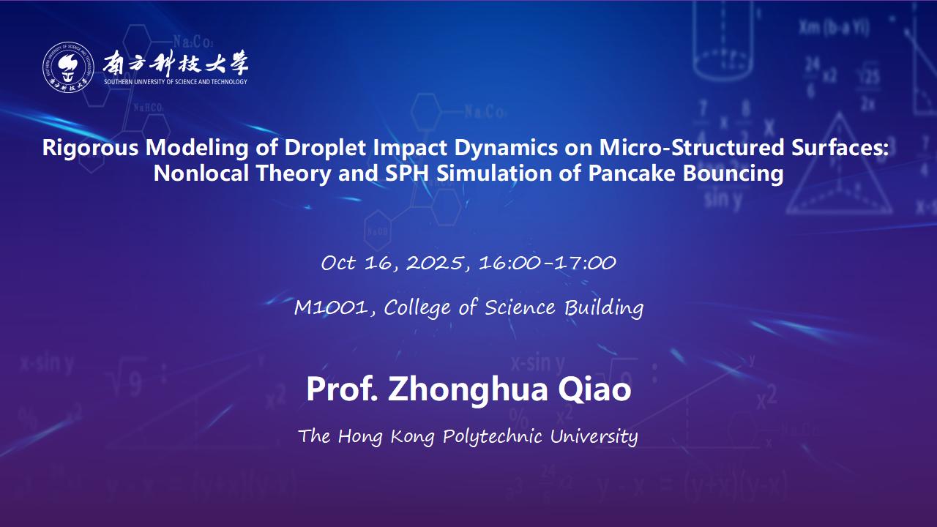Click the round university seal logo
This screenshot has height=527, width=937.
pyautogui.click(x=68, y=67)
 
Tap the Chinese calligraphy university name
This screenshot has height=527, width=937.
pyautogui.click(x=176, y=63)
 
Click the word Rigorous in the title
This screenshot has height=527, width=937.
pyautogui.click(x=90, y=148)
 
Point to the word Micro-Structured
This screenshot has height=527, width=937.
pyautogui.click(x=692, y=148)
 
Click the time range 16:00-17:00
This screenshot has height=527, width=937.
pyautogui.click(x=548, y=263)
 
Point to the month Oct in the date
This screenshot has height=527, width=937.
pyautogui.click(x=338, y=263)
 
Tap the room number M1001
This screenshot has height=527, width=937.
pyautogui.click(x=332, y=308)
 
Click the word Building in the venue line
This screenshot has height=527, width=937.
pyautogui.click(x=604, y=308)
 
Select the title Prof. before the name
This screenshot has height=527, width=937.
pyautogui.click(x=342, y=389)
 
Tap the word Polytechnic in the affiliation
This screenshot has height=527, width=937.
pyautogui.click(x=493, y=436)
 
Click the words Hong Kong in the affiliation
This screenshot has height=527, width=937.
pyautogui.click(x=386, y=436)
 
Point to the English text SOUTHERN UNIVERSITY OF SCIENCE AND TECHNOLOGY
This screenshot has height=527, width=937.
pyautogui.click(x=176, y=82)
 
